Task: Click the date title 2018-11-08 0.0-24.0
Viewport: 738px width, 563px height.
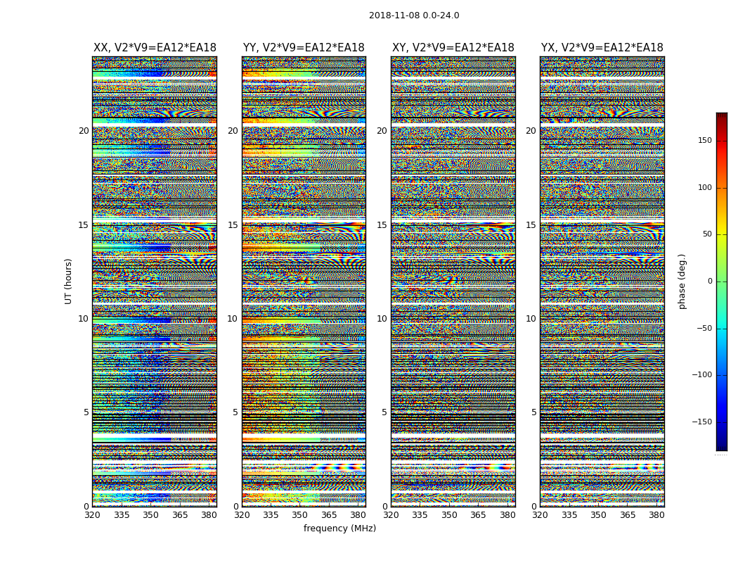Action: coord(414,15)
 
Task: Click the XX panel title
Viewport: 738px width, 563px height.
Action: coord(155,48)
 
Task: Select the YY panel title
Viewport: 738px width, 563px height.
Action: coord(304,48)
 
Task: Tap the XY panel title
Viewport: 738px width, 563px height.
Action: coord(453,48)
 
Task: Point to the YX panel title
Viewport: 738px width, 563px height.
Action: coord(602,48)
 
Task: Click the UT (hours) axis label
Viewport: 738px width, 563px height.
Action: coord(69,281)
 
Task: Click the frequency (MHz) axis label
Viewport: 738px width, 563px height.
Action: coord(339,529)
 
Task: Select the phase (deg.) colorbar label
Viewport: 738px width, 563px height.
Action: coord(682,281)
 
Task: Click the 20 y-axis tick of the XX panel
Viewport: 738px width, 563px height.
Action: coord(84,131)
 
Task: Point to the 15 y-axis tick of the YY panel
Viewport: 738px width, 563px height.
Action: coord(233,225)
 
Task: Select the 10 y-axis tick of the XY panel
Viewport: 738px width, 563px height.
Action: coord(382,319)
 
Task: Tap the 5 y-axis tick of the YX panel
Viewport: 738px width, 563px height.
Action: coord(533,412)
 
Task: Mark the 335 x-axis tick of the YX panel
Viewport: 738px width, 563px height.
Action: coord(569,515)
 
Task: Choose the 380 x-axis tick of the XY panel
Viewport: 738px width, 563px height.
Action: coord(507,515)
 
